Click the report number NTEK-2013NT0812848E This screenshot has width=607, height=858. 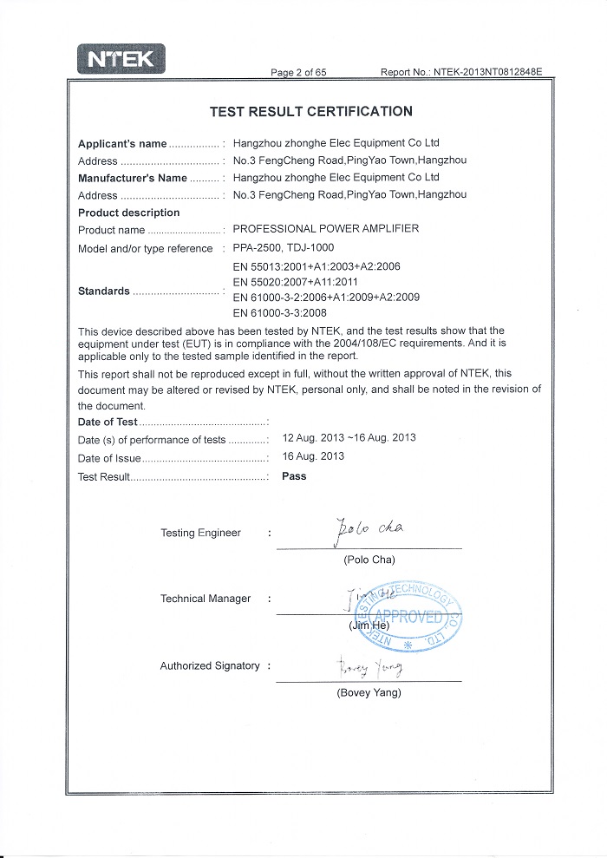pos(487,72)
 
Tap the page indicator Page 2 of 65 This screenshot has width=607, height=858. pos(298,72)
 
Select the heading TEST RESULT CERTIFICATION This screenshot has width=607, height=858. pos(311,111)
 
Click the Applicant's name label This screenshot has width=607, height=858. pos(122,143)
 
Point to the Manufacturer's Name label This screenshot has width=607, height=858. pos(133,178)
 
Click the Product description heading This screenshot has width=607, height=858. pos(129,213)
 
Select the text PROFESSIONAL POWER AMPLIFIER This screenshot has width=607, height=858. pos(326,229)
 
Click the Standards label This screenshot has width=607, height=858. pos(104,291)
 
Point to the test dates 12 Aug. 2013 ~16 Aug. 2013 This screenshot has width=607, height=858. pos(349,438)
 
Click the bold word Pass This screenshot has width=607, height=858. pos(295,476)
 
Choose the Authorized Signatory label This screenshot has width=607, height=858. pos(210,665)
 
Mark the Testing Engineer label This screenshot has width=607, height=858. pos(201,533)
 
